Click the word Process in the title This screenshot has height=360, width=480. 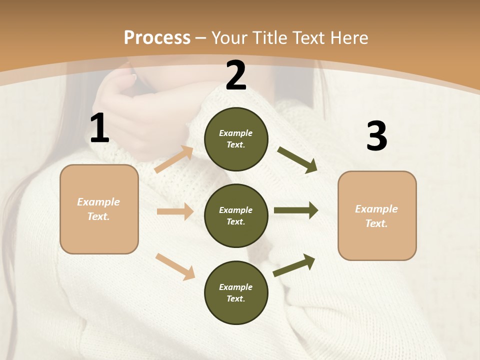[157, 38]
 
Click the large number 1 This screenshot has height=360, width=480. [99, 128]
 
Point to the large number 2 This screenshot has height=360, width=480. [236, 75]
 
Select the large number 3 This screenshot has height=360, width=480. [376, 136]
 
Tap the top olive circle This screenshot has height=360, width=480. [236, 139]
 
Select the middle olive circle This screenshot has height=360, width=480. [236, 215]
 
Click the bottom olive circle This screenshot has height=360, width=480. [236, 292]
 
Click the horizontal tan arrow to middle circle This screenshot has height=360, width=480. [175, 211]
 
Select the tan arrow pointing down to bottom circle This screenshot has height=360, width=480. [175, 266]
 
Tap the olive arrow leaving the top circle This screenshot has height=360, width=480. [297, 160]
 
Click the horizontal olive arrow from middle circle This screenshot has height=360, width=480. [296, 210]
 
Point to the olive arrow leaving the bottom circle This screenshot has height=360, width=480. [294, 265]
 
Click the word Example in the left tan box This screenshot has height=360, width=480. [98, 202]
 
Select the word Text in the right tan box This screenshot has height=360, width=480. [376, 223]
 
